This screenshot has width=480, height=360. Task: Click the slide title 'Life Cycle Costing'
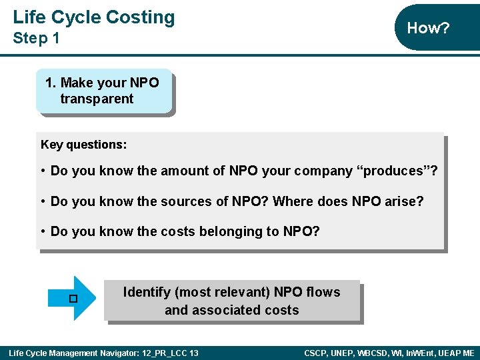coord(93,17)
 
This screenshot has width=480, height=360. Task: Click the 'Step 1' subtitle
coord(36,39)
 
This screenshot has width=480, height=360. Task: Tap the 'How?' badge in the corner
coord(428,28)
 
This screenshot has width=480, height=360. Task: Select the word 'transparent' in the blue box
coord(97,99)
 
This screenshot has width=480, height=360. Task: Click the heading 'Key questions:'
coord(83,145)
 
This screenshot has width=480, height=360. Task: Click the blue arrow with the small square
coord(75,298)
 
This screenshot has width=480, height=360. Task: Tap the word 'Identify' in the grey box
coord(147,292)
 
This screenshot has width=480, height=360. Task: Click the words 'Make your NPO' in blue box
coord(109,83)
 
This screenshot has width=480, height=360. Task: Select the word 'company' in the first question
coord(323,171)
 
